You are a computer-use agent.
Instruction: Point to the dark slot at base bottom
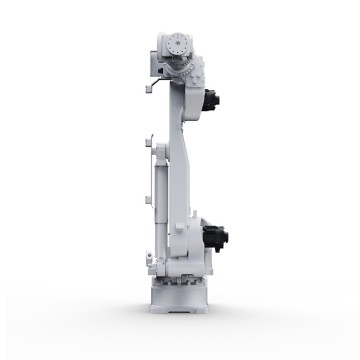click(x=181, y=304)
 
